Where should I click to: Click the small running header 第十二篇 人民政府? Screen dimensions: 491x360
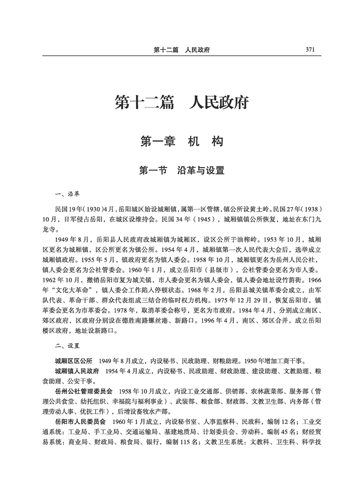[x=181, y=50]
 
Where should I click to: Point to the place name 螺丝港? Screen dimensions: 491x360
[x=181, y=321]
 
